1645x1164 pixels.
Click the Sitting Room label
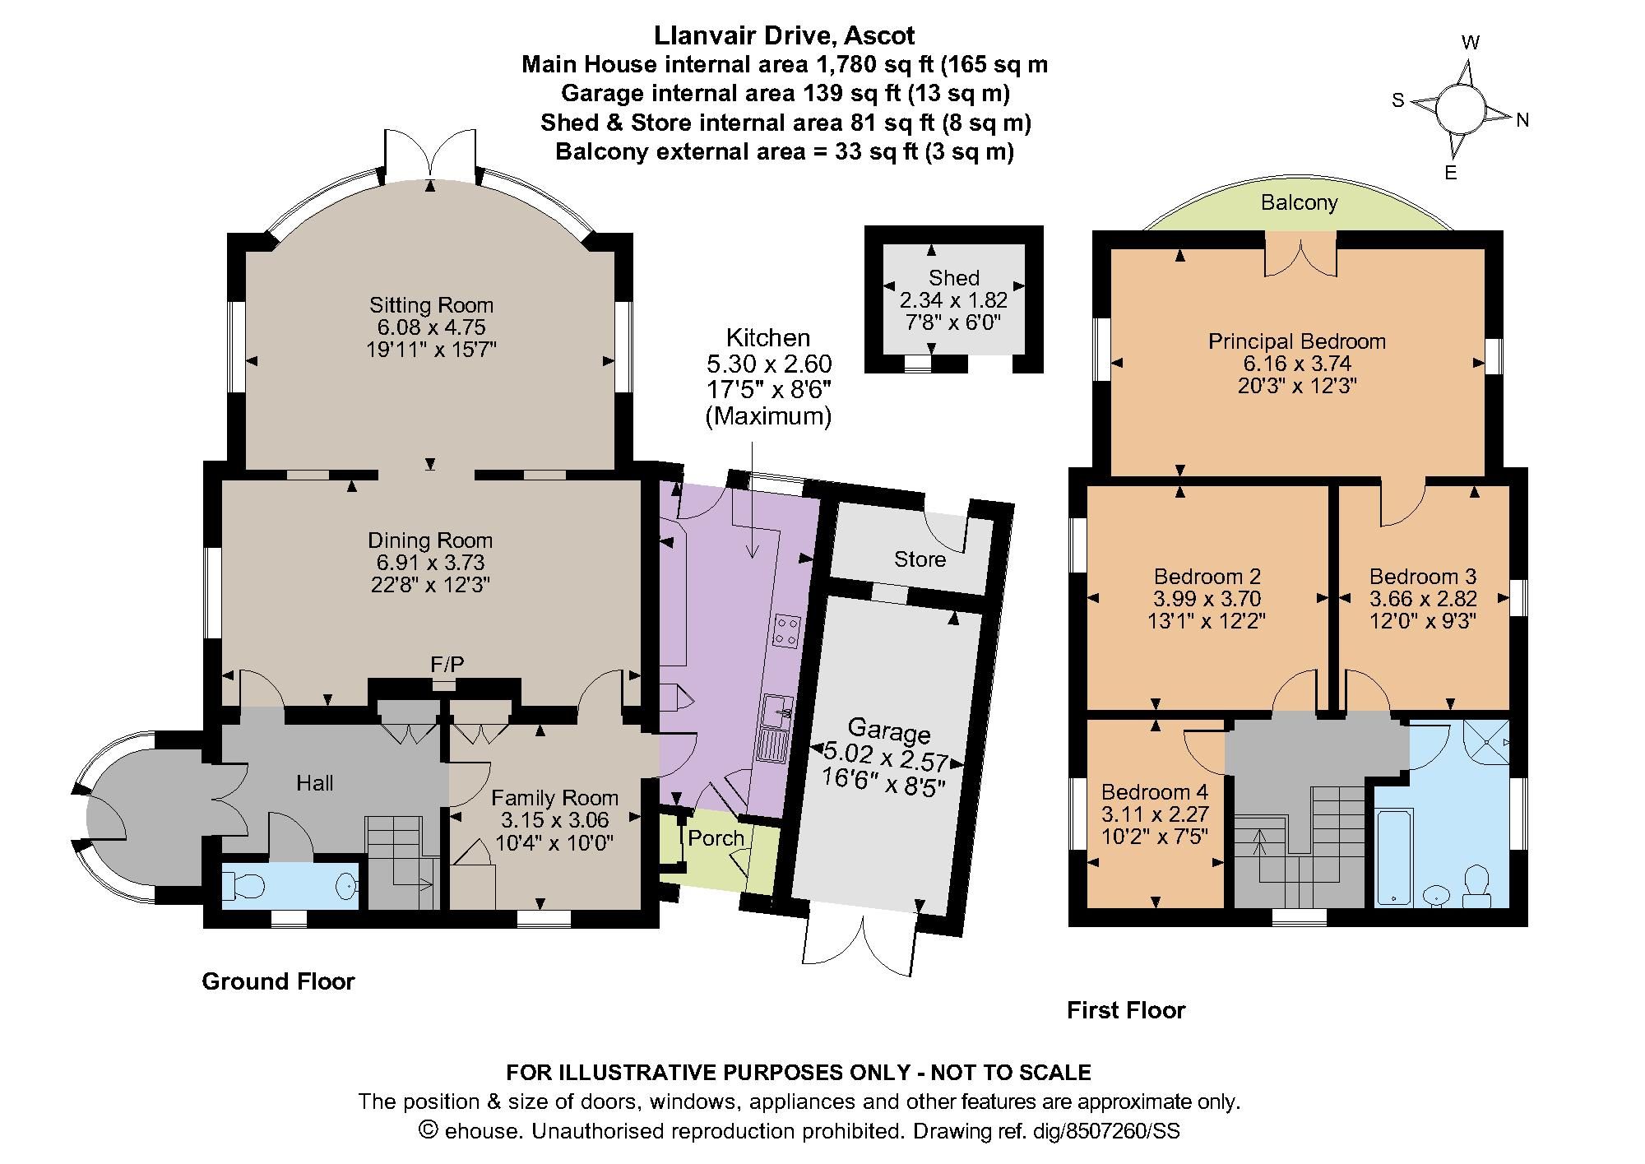431,305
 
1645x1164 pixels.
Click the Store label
920,560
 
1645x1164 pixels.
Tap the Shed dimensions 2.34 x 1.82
953,300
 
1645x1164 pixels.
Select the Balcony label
1299,203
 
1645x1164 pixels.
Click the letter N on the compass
1522,121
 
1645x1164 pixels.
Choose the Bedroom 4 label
1154,792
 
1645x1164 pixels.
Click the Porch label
716,838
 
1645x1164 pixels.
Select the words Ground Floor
278,981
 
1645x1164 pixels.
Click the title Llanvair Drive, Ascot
784,35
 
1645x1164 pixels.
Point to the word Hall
314,783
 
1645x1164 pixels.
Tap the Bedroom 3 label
1422,577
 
